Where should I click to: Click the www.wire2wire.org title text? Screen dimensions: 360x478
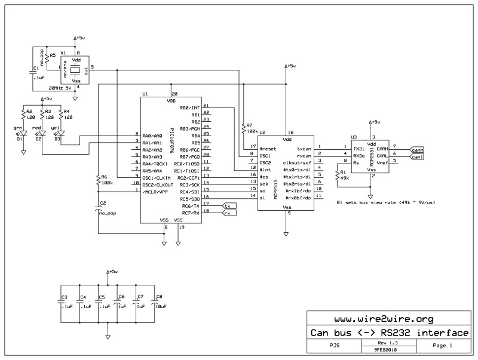coord(391,319)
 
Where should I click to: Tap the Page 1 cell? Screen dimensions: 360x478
coord(442,346)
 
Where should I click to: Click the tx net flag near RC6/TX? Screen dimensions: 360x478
coord(228,206)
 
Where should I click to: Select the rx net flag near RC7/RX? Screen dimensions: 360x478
coord(228,213)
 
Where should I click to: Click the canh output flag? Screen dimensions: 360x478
coord(417,149)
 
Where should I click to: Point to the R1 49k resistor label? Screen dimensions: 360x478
coord(345,174)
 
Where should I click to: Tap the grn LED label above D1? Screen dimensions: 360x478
coord(17,127)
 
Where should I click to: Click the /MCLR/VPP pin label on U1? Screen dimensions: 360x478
coord(154,192)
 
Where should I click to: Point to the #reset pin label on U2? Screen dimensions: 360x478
coord(268,148)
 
